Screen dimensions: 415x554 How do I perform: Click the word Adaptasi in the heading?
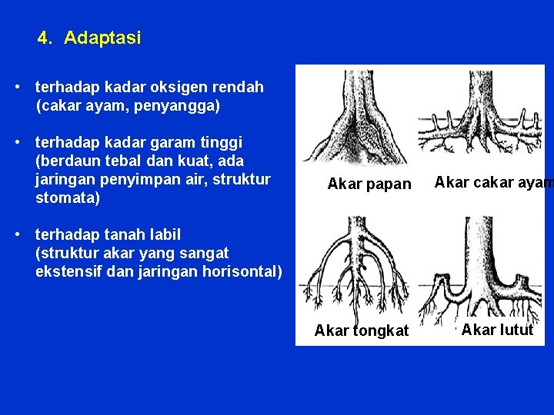tap(102, 38)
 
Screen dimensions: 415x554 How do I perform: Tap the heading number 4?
tap(45, 38)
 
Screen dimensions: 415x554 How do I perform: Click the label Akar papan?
tap(369, 184)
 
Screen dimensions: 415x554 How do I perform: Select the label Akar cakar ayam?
tap(492, 182)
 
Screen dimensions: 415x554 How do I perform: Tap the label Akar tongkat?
tap(362, 331)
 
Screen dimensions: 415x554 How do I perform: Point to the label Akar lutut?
tap(497, 330)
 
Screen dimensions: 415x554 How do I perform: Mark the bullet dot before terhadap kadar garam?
tap(17, 142)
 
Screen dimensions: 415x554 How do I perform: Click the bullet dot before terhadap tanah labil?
tap(17, 234)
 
